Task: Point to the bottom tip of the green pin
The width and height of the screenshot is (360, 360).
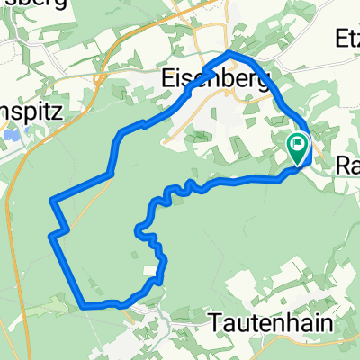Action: click(297, 165)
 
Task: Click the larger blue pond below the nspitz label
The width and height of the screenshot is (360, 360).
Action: click(9, 135)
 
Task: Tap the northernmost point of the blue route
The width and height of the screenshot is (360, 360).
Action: click(231, 54)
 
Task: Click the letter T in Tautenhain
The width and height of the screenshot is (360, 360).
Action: click(215, 320)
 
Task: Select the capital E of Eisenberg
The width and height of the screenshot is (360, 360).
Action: click(167, 77)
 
